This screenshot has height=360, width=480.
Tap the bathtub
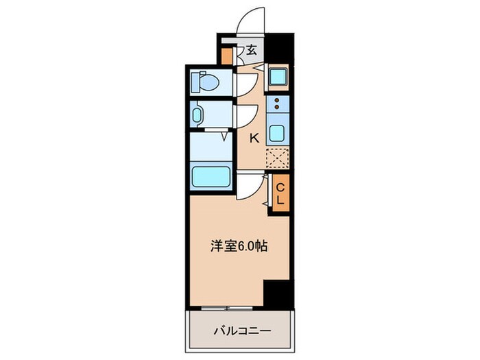coord(211,177)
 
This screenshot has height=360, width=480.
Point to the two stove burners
coord(277,104)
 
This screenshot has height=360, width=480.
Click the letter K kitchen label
coord(254,138)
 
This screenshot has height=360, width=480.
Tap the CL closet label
coord(280,193)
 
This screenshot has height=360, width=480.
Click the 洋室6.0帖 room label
coord(238,245)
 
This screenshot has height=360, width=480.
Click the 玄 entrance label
coord(251,49)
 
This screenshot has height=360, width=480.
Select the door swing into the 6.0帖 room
coord(251,185)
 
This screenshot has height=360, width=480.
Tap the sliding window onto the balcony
coord(226,306)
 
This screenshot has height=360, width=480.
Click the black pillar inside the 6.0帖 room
coord(278,293)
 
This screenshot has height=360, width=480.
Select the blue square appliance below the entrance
coord(278,77)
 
